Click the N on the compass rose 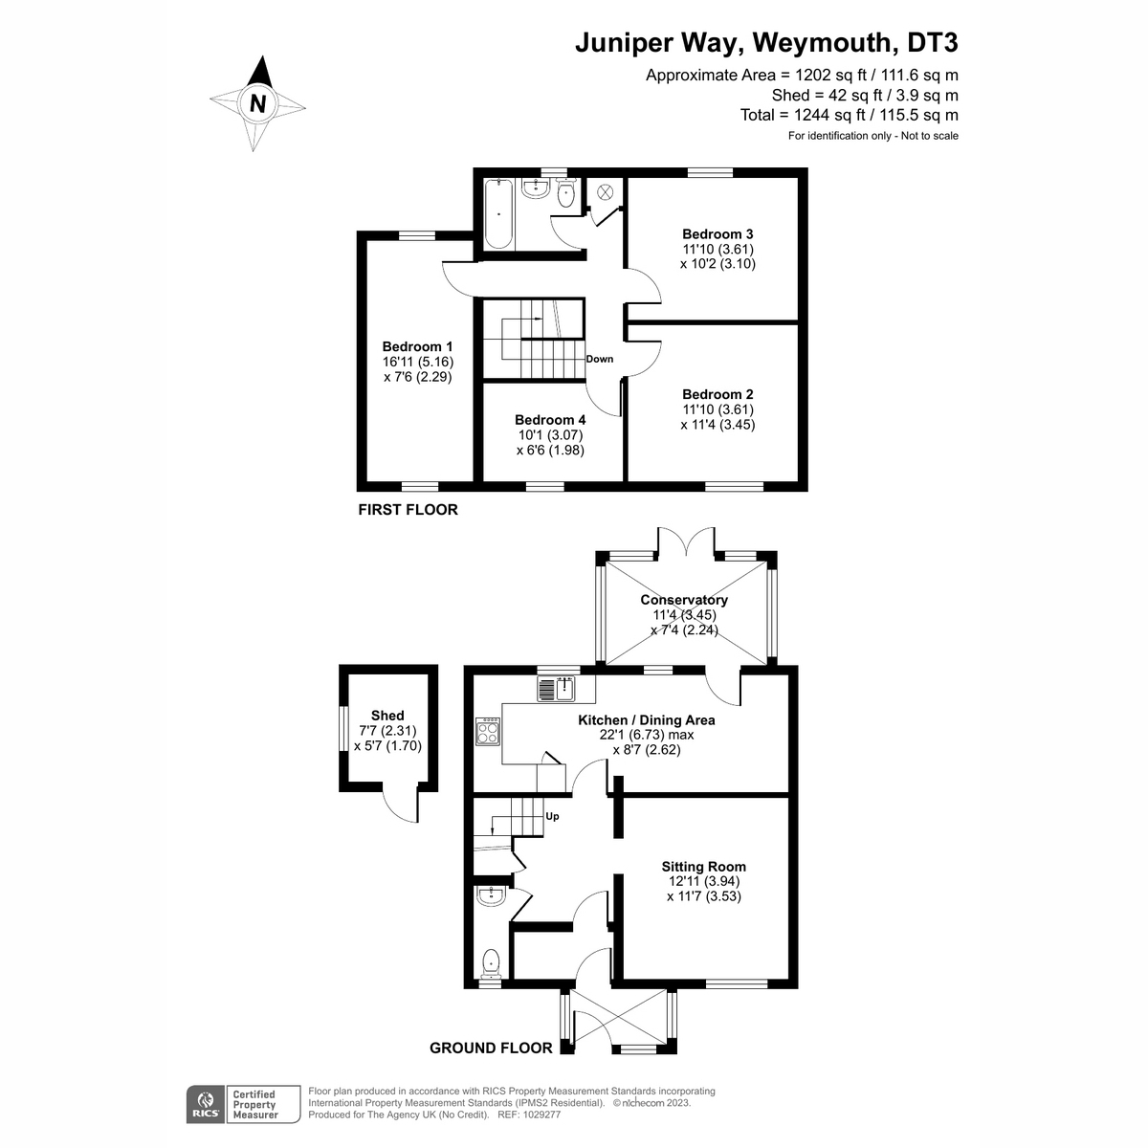pos(256,102)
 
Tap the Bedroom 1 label pos(417,346)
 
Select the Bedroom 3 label pos(717,233)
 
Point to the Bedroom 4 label pos(550,419)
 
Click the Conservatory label pos(684,600)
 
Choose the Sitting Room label pos(703,867)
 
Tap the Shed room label pos(387,715)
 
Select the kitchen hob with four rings pos(488,732)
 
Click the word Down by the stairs pos(600,359)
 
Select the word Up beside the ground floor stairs pos(552,816)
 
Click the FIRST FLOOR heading pos(408,510)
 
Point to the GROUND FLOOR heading pos(491,1048)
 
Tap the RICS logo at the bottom pos(203,1104)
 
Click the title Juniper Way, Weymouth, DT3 pos(765,44)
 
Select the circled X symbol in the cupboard pos(605,192)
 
